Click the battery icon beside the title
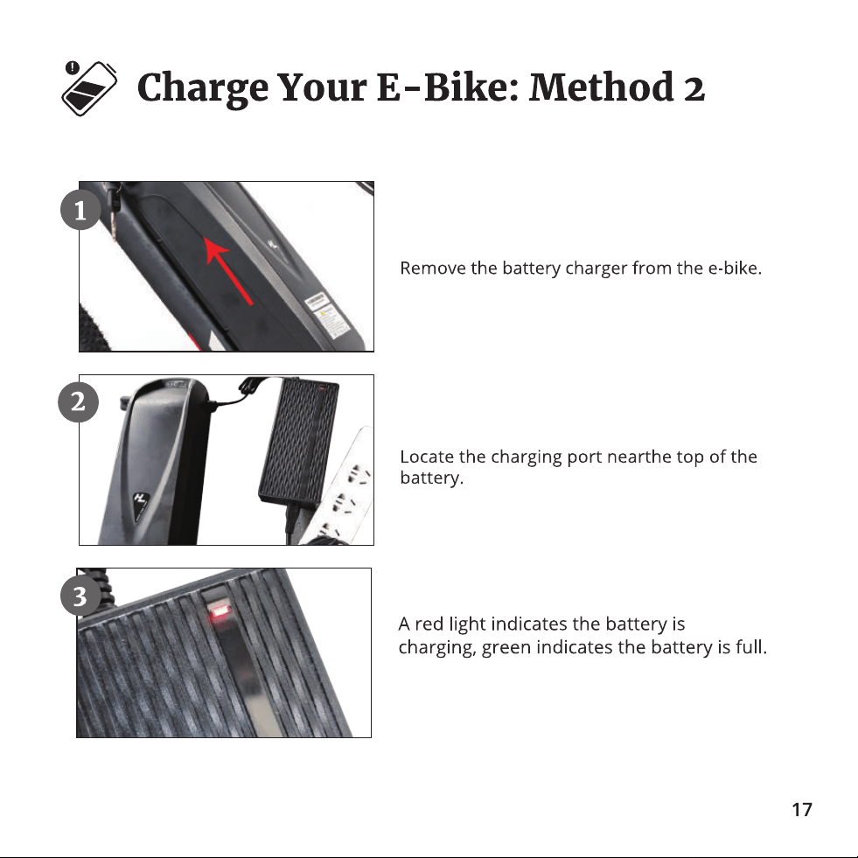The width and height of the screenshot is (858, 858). pyautogui.click(x=89, y=88)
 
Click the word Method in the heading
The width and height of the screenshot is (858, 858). pyautogui.click(x=602, y=87)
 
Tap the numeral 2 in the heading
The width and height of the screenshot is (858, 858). pyautogui.click(x=694, y=89)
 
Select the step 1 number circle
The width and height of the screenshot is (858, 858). pyautogui.click(x=80, y=210)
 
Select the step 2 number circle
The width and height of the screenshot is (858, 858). pyautogui.click(x=78, y=402)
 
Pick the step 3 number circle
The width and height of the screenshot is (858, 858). pyautogui.click(x=80, y=596)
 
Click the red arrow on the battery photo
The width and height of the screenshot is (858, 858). pyautogui.click(x=229, y=269)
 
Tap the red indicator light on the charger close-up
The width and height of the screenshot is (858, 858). pyautogui.click(x=220, y=611)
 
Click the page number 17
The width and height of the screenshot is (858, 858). pyautogui.click(x=802, y=809)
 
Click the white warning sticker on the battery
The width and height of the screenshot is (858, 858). pyautogui.click(x=327, y=315)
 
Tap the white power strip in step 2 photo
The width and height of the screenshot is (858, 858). pyautogui.click(x=339, y=486)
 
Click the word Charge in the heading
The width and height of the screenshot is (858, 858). pyautogui.click(x=202, y=88)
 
